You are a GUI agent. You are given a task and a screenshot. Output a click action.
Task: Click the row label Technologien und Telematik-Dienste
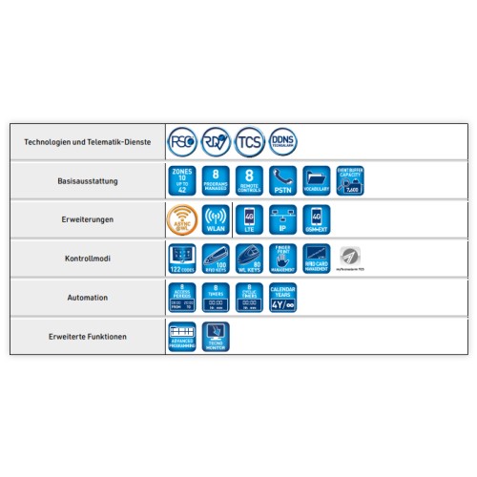coord(87,141)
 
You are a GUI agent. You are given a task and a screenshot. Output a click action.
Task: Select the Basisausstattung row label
coord(87,179)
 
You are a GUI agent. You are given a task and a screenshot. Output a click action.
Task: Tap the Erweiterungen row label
coord(87,219)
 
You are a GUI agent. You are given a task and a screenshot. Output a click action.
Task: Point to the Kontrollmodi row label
coord(87,259)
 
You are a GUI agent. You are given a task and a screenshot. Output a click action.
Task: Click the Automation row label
coord(87,298)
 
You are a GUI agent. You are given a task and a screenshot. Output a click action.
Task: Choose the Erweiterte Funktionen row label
coord(87,337)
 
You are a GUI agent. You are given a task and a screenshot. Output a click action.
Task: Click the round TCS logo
coord(250,141)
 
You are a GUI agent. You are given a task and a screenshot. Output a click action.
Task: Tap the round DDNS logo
coord(283,141)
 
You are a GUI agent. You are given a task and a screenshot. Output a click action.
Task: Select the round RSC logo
coord(182,141)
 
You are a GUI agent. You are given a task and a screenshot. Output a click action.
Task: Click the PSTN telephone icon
coord(283,180)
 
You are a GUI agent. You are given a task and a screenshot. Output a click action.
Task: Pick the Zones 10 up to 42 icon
coord(182,180)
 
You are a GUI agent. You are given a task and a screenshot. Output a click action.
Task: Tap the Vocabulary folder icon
coord(317,180)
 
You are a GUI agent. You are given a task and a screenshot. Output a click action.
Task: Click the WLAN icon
coord(216,219)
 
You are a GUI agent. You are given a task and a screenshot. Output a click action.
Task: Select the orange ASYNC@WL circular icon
coord(182,219)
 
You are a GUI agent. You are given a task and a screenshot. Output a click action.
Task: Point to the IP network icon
coord(283,219)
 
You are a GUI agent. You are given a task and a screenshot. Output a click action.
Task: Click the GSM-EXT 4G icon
coord(317,219)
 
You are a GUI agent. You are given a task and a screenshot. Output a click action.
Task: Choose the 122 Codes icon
coord(182,259)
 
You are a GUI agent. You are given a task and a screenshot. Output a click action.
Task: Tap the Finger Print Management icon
coord(283,259)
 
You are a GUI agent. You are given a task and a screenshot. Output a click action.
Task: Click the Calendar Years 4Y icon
coord(283,298)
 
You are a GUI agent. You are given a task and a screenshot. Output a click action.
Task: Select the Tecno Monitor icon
coord(216,337)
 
